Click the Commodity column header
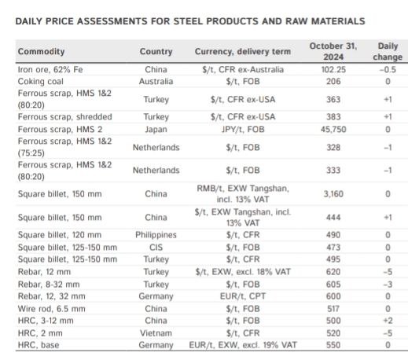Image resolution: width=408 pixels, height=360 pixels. coord(41,51)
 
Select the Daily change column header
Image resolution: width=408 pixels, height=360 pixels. coord(388,51)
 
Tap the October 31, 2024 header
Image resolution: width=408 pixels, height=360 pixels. coord(333,51)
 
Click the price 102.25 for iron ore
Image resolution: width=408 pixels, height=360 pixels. coord(333,69)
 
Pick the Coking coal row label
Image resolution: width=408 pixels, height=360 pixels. coord(41,82)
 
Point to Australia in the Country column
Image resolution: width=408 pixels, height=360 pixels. coord(156,82)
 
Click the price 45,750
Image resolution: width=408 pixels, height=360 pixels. coord(333,129)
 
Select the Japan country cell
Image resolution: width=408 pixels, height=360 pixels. coord(156,130)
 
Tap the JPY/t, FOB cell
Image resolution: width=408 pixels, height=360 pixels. coord(243,129)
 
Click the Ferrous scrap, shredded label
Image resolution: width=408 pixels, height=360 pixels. coord(65,117)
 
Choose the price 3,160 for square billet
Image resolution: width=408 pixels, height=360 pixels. coord(333,194)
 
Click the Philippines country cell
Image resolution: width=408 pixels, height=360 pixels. coord(156,235)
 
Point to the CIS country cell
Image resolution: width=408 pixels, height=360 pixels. coord(156,248)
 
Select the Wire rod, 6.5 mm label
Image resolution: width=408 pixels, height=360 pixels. coord(52,309)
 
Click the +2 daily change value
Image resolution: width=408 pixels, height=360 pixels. coord(388,321)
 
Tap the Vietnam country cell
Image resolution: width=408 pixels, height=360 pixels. coord(156,333)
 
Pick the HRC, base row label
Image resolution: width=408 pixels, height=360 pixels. coord(39,345)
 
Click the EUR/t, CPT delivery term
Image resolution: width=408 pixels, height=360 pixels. coord(243,296)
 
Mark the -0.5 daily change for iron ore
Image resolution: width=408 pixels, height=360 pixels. coord(388,69)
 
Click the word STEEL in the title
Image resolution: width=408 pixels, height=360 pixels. coord(188,21)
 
